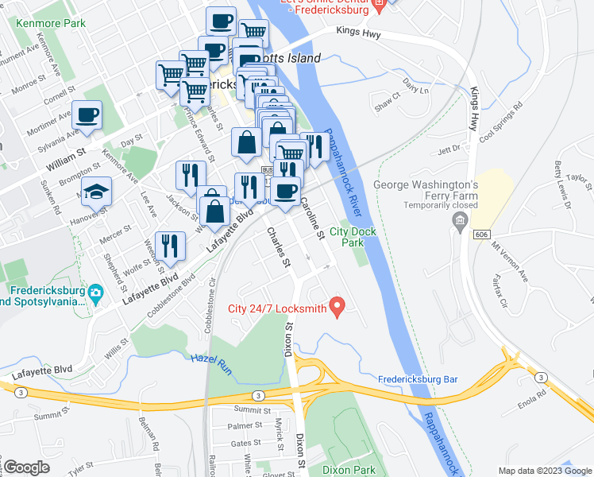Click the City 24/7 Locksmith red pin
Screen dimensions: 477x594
point(337,306)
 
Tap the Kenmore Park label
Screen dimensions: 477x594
point(51,23)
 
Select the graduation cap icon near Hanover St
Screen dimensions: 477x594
point(96,192)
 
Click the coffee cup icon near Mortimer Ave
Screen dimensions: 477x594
point(87,116)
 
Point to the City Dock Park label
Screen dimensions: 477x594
point(352,237)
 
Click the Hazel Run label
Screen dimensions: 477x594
point(210,359)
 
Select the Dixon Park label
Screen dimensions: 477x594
point(348,470)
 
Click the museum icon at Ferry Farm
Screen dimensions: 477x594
point(459,219)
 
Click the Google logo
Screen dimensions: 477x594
point(25,467)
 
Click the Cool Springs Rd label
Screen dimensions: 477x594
point(501,121)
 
